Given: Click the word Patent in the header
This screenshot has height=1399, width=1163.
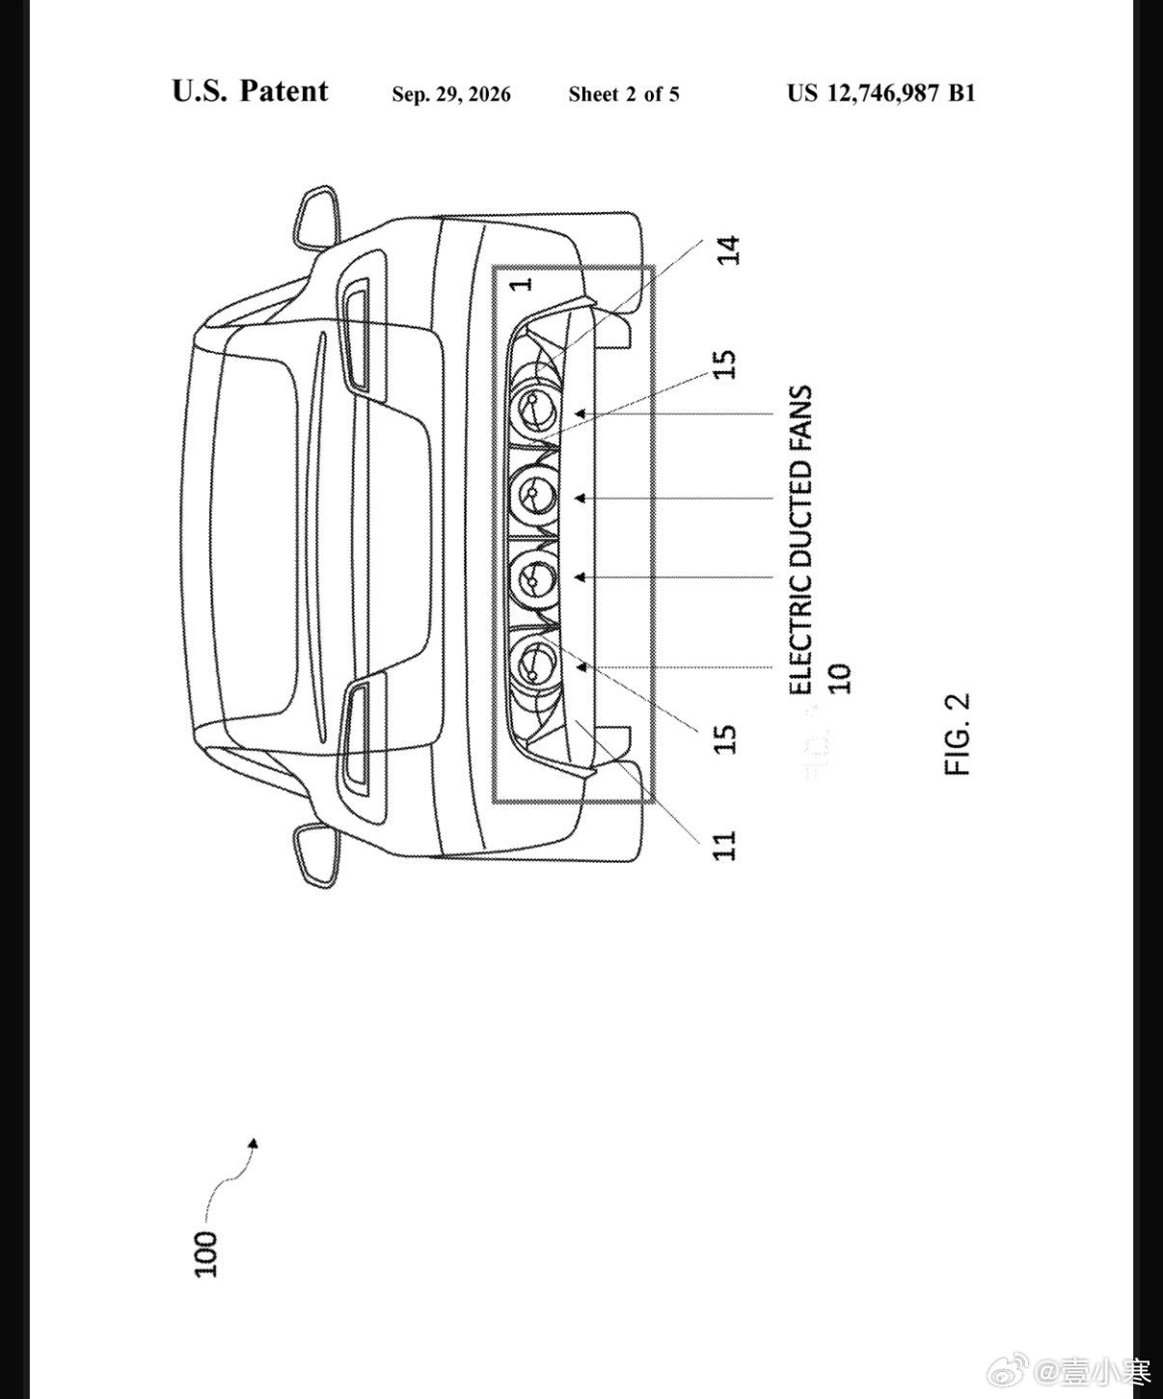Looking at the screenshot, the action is coord(284,91).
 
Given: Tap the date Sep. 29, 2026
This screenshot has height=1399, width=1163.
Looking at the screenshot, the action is coord(451,94).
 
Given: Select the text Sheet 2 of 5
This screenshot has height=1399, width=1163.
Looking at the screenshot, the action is coord(623,94).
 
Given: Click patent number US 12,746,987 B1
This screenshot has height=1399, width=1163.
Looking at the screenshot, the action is coord(880,94).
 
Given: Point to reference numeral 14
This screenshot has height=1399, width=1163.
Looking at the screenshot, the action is coord(728,251).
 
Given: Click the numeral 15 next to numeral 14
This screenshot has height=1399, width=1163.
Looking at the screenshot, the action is coord(724,365).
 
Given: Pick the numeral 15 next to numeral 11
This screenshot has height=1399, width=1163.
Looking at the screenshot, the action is coord(724,740).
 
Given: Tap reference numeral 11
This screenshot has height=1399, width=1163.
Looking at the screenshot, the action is coord(724,845).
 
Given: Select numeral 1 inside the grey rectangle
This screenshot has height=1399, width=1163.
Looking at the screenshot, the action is coord(521,284).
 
